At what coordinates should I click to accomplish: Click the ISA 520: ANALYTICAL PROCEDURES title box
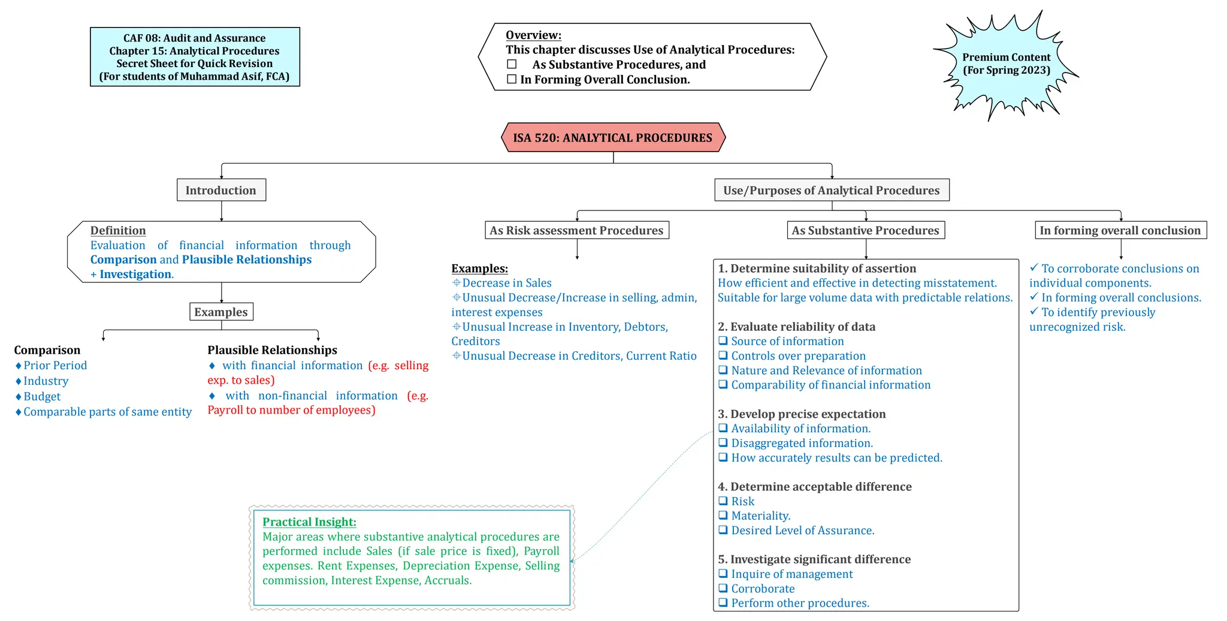coord(613,137)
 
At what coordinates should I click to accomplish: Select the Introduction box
coord(221,190)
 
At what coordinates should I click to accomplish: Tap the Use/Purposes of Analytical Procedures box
coord(832,190)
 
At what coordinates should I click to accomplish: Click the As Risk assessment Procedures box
coord(576,230)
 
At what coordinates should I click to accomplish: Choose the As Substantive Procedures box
coord(865,230)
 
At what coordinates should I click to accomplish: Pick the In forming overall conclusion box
coord(1120,230)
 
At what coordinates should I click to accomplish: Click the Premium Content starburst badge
coord(1006,64)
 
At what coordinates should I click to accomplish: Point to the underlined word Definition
coord(118,230)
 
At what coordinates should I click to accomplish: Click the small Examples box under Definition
coord(221,312)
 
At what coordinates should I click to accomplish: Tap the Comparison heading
coord(47,350)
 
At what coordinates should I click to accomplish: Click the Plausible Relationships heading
coord(272,350)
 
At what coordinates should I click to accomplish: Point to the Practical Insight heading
coord(309,522)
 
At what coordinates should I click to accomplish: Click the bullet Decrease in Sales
coord(507,283)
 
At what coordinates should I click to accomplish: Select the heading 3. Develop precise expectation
coord(802,414)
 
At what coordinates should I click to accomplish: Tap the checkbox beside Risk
coord(723,501)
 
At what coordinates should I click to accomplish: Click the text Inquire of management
coord(792,574)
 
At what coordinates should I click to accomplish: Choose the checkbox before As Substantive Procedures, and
coord(512,64)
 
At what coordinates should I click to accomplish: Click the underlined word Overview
coord(533,35)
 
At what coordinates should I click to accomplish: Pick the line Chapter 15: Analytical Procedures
coord(194,51)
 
